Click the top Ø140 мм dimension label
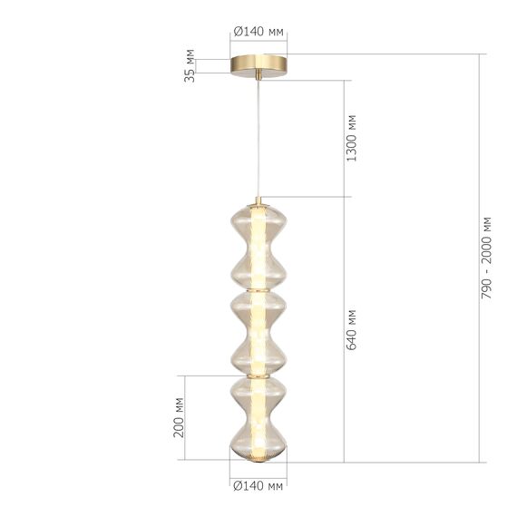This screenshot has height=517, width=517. [x=258, y=32]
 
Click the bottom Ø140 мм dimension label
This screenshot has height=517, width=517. [x=258, y=486]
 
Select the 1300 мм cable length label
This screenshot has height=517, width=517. [x=353, y=138]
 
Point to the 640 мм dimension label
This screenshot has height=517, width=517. [x=353, y=328]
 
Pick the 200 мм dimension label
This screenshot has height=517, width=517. [x=180, y=418]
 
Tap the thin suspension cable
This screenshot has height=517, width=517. [x=258, y=136]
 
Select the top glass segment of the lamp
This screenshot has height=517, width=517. [x=258, y=243]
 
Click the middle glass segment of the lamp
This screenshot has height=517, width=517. [x=258, y=330]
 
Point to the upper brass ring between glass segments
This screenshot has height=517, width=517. [x=258, y=288]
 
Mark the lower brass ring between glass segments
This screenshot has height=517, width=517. [x=258, y=374]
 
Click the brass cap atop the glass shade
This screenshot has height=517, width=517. [x=258, y=202]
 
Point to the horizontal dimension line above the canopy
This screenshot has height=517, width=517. [x=258, y=42]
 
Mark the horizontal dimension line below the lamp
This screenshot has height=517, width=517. [x=258, y=476]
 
